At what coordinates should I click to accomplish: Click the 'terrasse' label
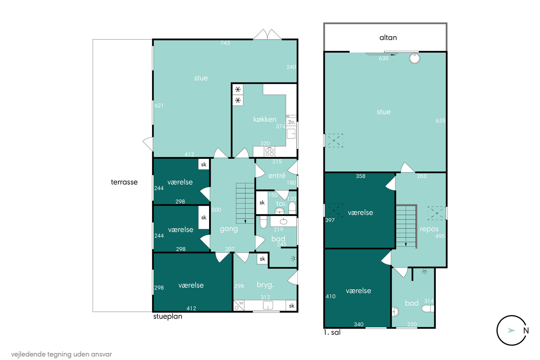coord(124,182)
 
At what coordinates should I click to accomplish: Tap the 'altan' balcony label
coord(388,38)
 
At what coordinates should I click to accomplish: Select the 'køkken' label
coord(265,119)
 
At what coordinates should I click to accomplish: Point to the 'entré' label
coord(277,176)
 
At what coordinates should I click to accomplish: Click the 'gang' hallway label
coord(229,229)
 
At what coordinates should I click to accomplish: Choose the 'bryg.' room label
coord(265,285)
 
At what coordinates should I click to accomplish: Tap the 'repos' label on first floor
coord(429,229)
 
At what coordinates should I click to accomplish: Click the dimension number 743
coord(225,43)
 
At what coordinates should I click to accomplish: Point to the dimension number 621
coord(159,106)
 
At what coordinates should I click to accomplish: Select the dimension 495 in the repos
coord(440,236)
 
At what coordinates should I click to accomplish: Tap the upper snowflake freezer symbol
coord(238,89)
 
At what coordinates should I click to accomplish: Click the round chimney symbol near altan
coord(415,58)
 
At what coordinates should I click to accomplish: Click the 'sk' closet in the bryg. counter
coord(292,306)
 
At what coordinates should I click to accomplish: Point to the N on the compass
coord(526,331)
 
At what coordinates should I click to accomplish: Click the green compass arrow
coord(511,330)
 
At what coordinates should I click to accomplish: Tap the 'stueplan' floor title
coord(168,316)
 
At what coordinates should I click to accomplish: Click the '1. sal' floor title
coord(332,332)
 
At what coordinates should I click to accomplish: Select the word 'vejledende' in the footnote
coord(28,354)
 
